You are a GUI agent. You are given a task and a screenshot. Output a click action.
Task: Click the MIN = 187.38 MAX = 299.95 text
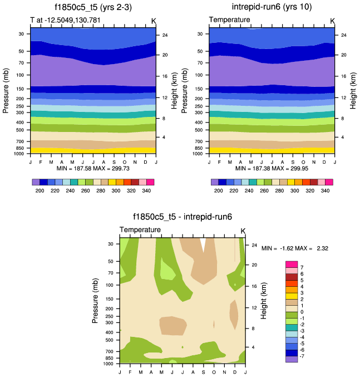tap(272, 168)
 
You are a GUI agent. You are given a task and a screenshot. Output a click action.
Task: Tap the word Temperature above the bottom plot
tap(140, 229)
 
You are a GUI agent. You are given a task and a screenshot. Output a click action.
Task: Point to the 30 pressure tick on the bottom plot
tap(111, 244)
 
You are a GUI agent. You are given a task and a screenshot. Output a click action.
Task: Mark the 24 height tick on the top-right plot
tap(343, 35)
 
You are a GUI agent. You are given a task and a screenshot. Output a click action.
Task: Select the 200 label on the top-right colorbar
tap(219, 190)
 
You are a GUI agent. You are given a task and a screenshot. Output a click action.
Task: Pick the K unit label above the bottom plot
tap(243, 231)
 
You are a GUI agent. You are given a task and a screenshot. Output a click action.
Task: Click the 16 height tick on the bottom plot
tap(253, 286)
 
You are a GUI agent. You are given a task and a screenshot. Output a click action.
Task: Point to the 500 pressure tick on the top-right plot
tap(200, 130)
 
